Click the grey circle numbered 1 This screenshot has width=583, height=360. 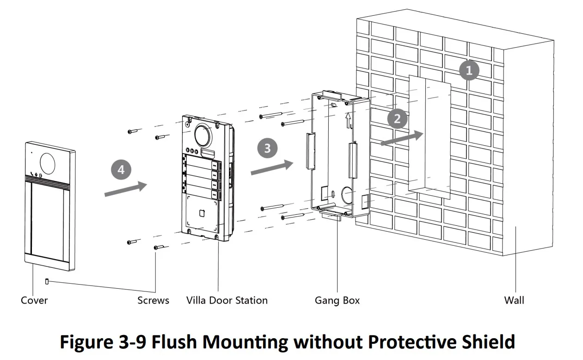pos(469,71)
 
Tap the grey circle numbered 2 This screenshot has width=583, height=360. pos(397,119)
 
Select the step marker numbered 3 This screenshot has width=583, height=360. pos(267,148)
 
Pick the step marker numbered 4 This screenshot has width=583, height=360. pos(121,169)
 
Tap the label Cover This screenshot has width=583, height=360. pos(34,300)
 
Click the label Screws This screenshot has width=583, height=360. pos(153,300)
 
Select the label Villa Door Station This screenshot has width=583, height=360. pos(227,300)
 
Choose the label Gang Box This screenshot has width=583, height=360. pos(337,300)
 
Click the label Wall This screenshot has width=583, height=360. pos(514,300)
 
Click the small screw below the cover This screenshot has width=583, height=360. pos(47,281)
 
